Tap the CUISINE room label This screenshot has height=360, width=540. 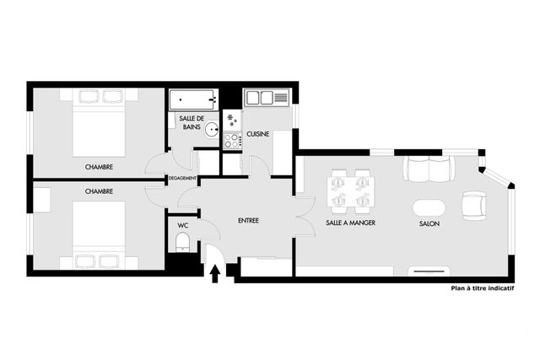(x=259, y=133)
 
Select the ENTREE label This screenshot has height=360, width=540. (x=248, y=221)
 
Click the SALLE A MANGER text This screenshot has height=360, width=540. (x=350, y=223)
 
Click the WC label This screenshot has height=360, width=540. (x=182, y=225)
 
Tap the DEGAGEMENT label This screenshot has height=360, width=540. (x=182, y=178)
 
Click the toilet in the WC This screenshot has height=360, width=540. (x=182, y=243)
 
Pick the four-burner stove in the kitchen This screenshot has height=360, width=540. (x=232, y=141)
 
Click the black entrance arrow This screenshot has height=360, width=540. (x=213, y=271)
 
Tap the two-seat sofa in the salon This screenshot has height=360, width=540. (x=427, y=168)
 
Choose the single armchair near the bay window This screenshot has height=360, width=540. (x=474, y=203)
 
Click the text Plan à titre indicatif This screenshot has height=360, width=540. (x=482, y=288)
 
